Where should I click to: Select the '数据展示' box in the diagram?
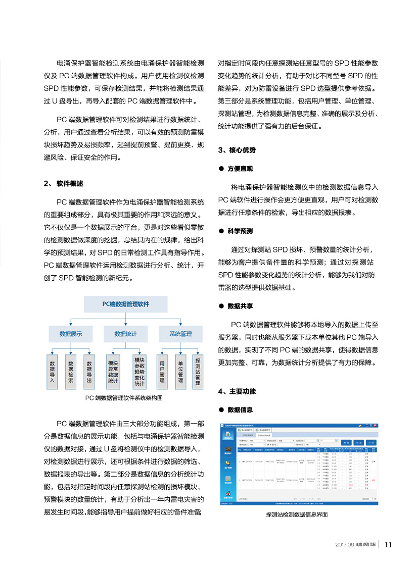coord(70,334)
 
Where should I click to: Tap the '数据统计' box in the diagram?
coord(125,334)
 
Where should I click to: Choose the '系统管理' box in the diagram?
coord(180,334)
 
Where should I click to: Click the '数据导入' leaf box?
coord(52,372)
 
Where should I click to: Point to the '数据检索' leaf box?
coord(71,372)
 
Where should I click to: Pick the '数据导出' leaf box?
coord(89,372)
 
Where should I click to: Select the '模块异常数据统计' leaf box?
coord(113,372)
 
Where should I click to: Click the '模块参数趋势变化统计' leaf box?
coord(140,372)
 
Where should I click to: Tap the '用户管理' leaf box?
coord(162,372)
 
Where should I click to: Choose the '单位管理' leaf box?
coord(180,372)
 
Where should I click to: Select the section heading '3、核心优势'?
coord(237,150)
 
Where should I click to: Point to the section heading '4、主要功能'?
coord(237,391)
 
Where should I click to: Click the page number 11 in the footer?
coord(389,544)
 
